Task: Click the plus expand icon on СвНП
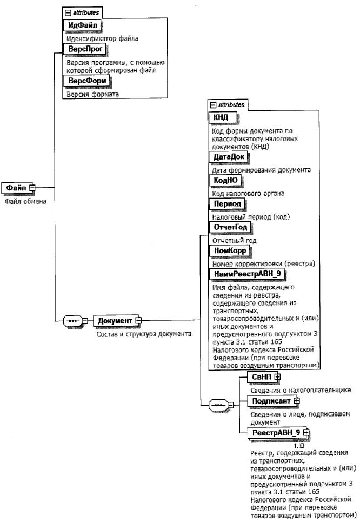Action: tap(277, 376)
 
